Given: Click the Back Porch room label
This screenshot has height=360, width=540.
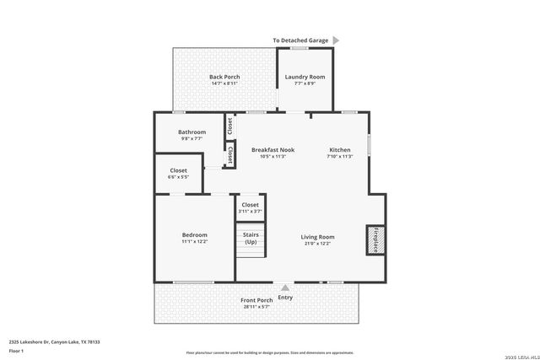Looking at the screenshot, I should point(224,77).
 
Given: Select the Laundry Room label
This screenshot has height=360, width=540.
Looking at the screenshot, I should point(305,77).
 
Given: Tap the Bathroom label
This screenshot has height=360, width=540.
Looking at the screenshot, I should point(192,132).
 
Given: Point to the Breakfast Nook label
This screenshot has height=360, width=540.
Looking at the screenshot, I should point(273,149).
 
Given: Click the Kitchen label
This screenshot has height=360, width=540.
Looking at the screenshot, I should point(339,149).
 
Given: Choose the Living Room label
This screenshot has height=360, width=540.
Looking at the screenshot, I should point(318,237).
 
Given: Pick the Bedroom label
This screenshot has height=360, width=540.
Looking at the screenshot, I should point(194,234).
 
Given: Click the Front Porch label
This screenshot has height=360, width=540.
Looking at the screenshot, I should point(257,300).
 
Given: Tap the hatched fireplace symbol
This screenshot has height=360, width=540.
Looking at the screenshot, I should point(374,239).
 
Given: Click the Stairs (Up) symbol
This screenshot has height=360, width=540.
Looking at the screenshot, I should point(251,239).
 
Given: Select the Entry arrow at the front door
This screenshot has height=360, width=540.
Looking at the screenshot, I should point(285,287).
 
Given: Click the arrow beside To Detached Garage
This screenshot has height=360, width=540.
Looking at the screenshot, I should point(336,40).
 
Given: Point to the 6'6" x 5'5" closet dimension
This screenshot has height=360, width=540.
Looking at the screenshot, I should point(178,177).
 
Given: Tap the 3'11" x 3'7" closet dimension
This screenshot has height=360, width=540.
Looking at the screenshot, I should point(251,211).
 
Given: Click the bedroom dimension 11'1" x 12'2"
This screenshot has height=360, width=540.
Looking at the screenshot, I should point(194,242).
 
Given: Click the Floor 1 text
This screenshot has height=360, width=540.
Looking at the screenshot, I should point(17,352).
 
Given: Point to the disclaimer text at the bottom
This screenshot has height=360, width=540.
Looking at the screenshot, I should point(270,352).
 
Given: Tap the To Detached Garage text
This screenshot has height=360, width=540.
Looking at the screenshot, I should point(300,40).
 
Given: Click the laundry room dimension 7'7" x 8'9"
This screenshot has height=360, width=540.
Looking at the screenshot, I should point(305,83).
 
